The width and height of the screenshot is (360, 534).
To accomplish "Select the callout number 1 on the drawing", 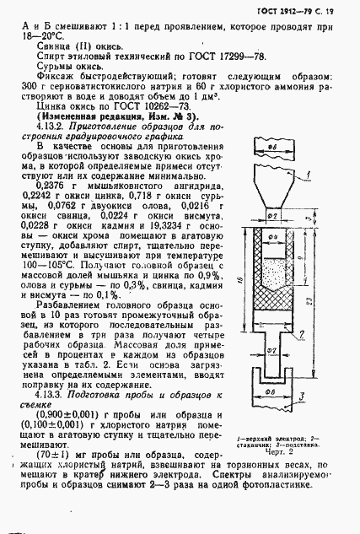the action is click(313, 175).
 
